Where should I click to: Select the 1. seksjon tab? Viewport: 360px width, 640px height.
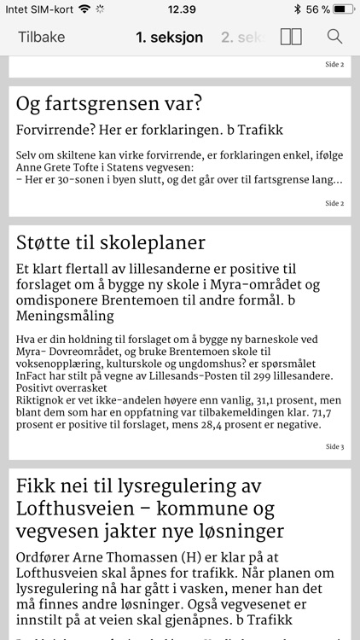[169, 38]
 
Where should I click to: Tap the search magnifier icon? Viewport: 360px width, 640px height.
[334, 38]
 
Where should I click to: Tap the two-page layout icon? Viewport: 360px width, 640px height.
[291, 38]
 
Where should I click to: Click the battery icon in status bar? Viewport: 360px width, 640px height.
[343, 9]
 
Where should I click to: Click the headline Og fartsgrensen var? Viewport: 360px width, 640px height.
[109, 104]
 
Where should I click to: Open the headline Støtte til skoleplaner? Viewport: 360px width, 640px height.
[111, 242]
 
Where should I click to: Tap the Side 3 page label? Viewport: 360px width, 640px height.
[334, 446]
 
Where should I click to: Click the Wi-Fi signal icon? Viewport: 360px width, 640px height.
[83, 9]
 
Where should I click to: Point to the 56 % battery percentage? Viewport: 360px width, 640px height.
[318, 9]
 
